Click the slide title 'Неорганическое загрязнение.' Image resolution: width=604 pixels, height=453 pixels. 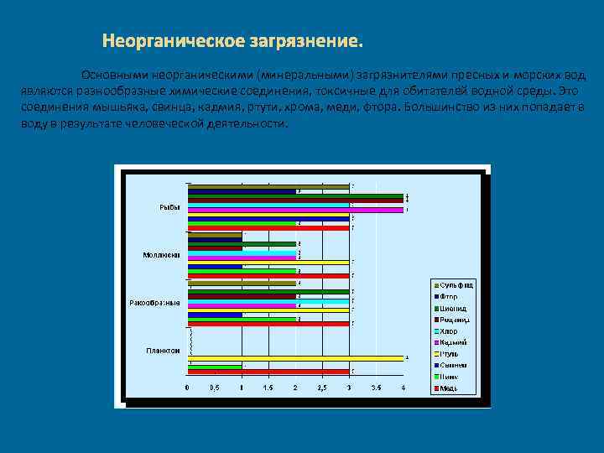click(233, 41)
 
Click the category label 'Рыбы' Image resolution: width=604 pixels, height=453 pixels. click(169, 207)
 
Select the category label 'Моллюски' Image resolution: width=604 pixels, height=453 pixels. click(160, 255)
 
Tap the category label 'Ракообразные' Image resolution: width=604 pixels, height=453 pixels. click(154, 302)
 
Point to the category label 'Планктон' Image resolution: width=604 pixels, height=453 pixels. click(162, 350)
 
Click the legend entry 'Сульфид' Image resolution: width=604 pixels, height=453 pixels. click(457, 285)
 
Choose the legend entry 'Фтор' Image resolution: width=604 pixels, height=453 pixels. click(452, 297)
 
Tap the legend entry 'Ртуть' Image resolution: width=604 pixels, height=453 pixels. click(452, 354)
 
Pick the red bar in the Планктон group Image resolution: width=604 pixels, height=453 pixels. click(268, 371)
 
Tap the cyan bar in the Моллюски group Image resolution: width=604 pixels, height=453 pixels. click(242, 252)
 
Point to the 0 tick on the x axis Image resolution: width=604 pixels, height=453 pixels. click(187, 388)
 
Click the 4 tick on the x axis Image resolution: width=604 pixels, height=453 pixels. click(404, 388)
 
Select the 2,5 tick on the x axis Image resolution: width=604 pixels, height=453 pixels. click(322, 388)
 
